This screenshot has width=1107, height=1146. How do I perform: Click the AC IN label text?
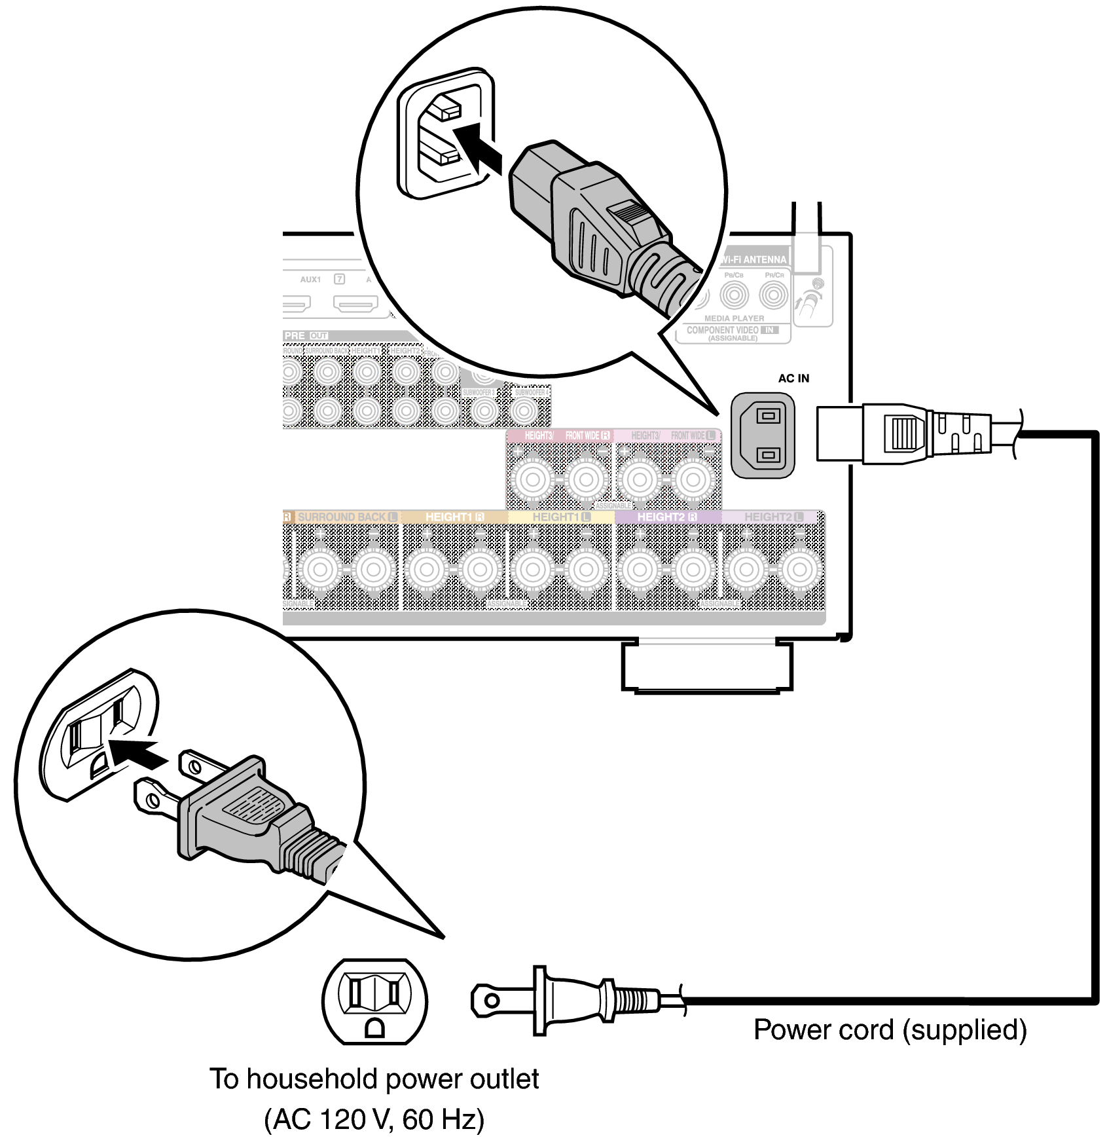(793, 379)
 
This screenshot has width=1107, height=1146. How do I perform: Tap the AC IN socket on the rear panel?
(763, 435)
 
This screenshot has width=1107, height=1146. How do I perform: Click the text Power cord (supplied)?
(890, 1029)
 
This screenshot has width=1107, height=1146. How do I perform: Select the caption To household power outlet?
(374, 1079)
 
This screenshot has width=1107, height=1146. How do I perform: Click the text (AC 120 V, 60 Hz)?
(374, 1119)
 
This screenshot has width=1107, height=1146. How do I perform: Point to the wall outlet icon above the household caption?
(374, 1001)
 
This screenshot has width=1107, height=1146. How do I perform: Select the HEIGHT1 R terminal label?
(454, 517)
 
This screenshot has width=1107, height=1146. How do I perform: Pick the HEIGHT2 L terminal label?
(773, 517)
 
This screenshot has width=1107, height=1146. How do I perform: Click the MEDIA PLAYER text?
(734, 318)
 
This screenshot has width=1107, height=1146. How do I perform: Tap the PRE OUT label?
(306, 335)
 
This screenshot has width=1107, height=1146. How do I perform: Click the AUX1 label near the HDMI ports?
(310, 280)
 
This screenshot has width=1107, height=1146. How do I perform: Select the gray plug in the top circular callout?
(589, 223)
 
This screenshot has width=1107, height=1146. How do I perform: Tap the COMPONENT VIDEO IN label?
(732, 330)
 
